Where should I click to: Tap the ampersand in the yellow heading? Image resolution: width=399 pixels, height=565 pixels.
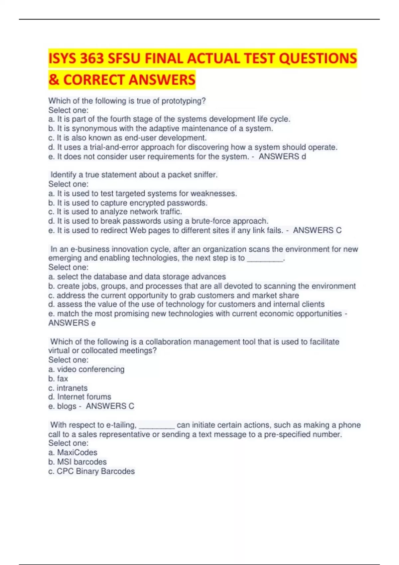coord(53,80)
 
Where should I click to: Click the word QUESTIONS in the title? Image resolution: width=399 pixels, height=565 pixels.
coord(318,58)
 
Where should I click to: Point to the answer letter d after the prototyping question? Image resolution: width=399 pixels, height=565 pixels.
coord(303,157)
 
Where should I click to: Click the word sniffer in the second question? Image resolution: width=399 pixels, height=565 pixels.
coord(205,175)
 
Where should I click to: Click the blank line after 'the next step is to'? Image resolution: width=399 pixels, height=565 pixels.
coord(265,258)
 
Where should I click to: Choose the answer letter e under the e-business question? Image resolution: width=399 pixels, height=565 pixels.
coord(93,323)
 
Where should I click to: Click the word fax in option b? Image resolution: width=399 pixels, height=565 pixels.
coord(63,379)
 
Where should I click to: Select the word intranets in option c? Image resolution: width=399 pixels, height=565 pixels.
coord(72,388)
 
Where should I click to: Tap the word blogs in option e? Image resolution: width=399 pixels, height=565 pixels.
coord(66,406)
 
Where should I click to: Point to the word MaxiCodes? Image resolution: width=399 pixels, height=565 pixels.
coord(77,452)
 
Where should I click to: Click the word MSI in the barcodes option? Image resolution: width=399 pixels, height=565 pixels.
coord(64,462)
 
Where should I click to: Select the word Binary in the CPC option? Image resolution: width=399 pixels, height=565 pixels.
coord(87,471)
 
